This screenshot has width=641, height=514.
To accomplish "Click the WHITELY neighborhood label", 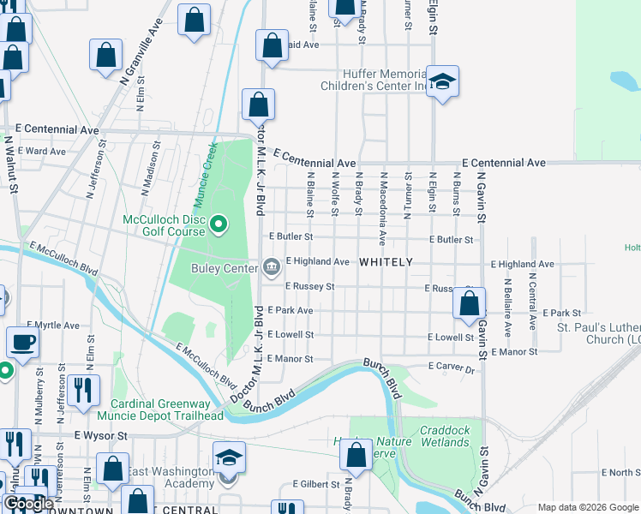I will tap(386, 261).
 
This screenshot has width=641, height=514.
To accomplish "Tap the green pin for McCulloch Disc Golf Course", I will tap(219, 225).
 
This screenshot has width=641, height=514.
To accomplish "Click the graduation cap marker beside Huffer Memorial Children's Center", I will tap(443, 81).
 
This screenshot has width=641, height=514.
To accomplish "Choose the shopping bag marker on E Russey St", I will tap(469, 302).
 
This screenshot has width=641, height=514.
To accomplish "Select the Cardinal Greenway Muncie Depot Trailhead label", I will tap(166, 409).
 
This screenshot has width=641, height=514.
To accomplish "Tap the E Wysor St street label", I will tap(100, 435).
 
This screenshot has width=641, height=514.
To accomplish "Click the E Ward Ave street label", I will tap(45, 151).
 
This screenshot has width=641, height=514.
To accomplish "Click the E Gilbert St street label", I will tap(316, 484).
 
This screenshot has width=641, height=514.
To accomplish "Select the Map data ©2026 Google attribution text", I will tap(588, 507).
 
